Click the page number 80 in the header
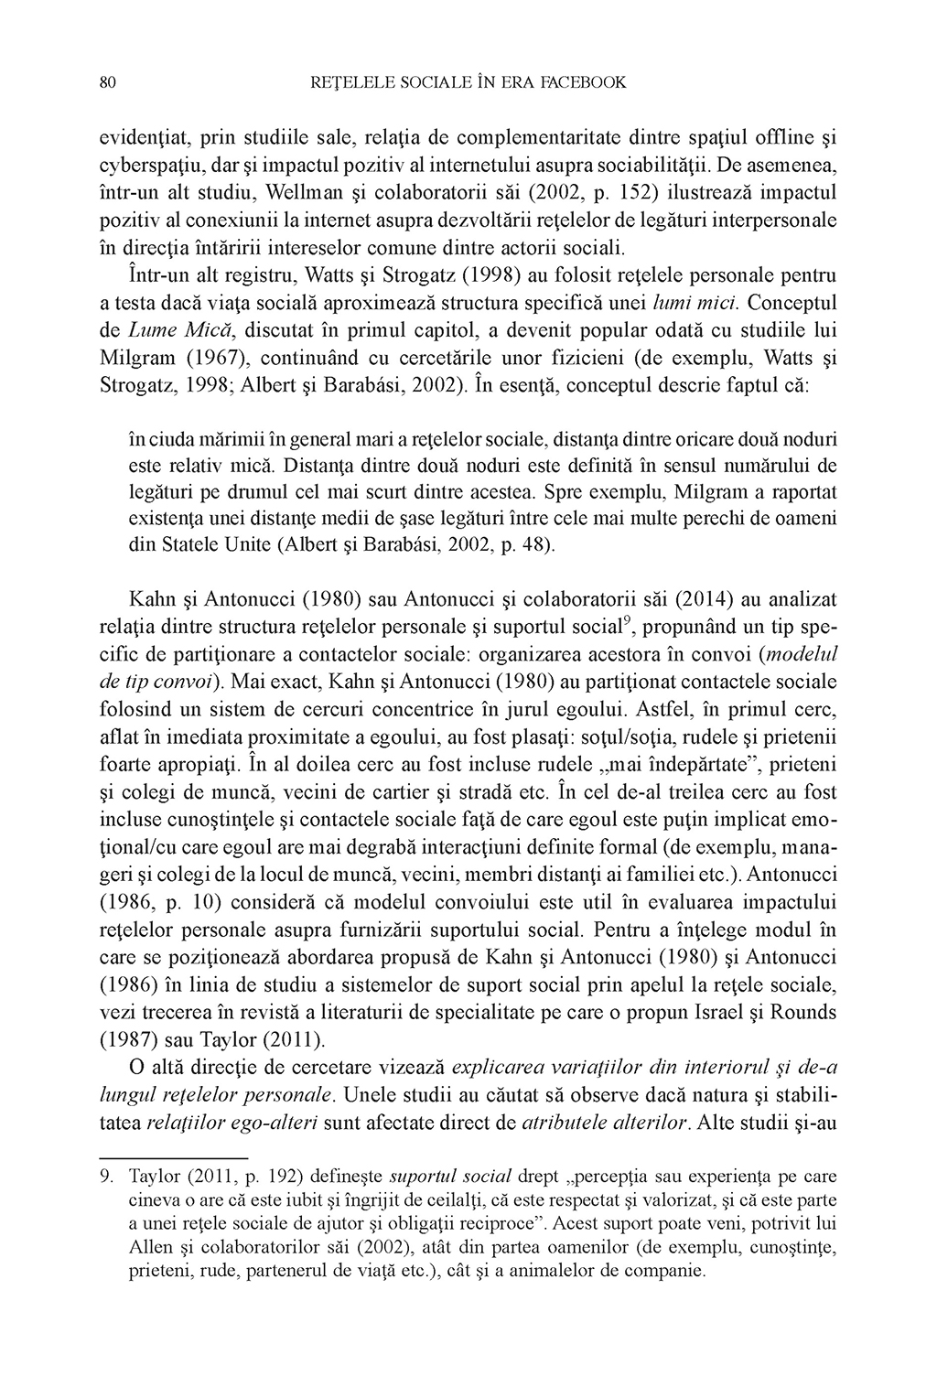[105, 83]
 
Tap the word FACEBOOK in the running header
[582, 83]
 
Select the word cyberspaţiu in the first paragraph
[147, 169]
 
